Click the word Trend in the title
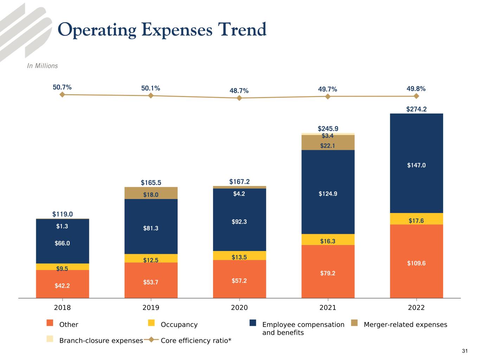pyautogui.click(x=242, y=30)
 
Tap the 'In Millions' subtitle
pyautogui.click(x=42, y=66)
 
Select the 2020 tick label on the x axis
pyautogui.click(x=239, y=308)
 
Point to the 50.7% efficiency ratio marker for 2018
pyautogui.click(x=62, y=95)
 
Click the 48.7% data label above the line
pyautogui.click(x=239, y=91)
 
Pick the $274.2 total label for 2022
pyautogui.click(x=416, y=109)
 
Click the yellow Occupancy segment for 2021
pyautogui.click(x=328, y=240)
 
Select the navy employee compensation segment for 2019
pyautogui.click(x=151, y=227)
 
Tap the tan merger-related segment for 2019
pyautogui.click(x=151, y=193)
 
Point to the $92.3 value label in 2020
pyautogui.click(x=239, y=222)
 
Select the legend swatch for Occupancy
pyautogui.click(x=151, y=323)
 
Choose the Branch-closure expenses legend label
pyautogui.click(x=101, y=341)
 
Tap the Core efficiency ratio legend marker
pyautogui.click(x=151, y=340)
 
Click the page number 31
pyautogui.click(x=465, y=351)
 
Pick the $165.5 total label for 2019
pyautogui.click(x=151, y=183)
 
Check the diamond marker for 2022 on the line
pyautogui.click(x=416, y=96)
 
